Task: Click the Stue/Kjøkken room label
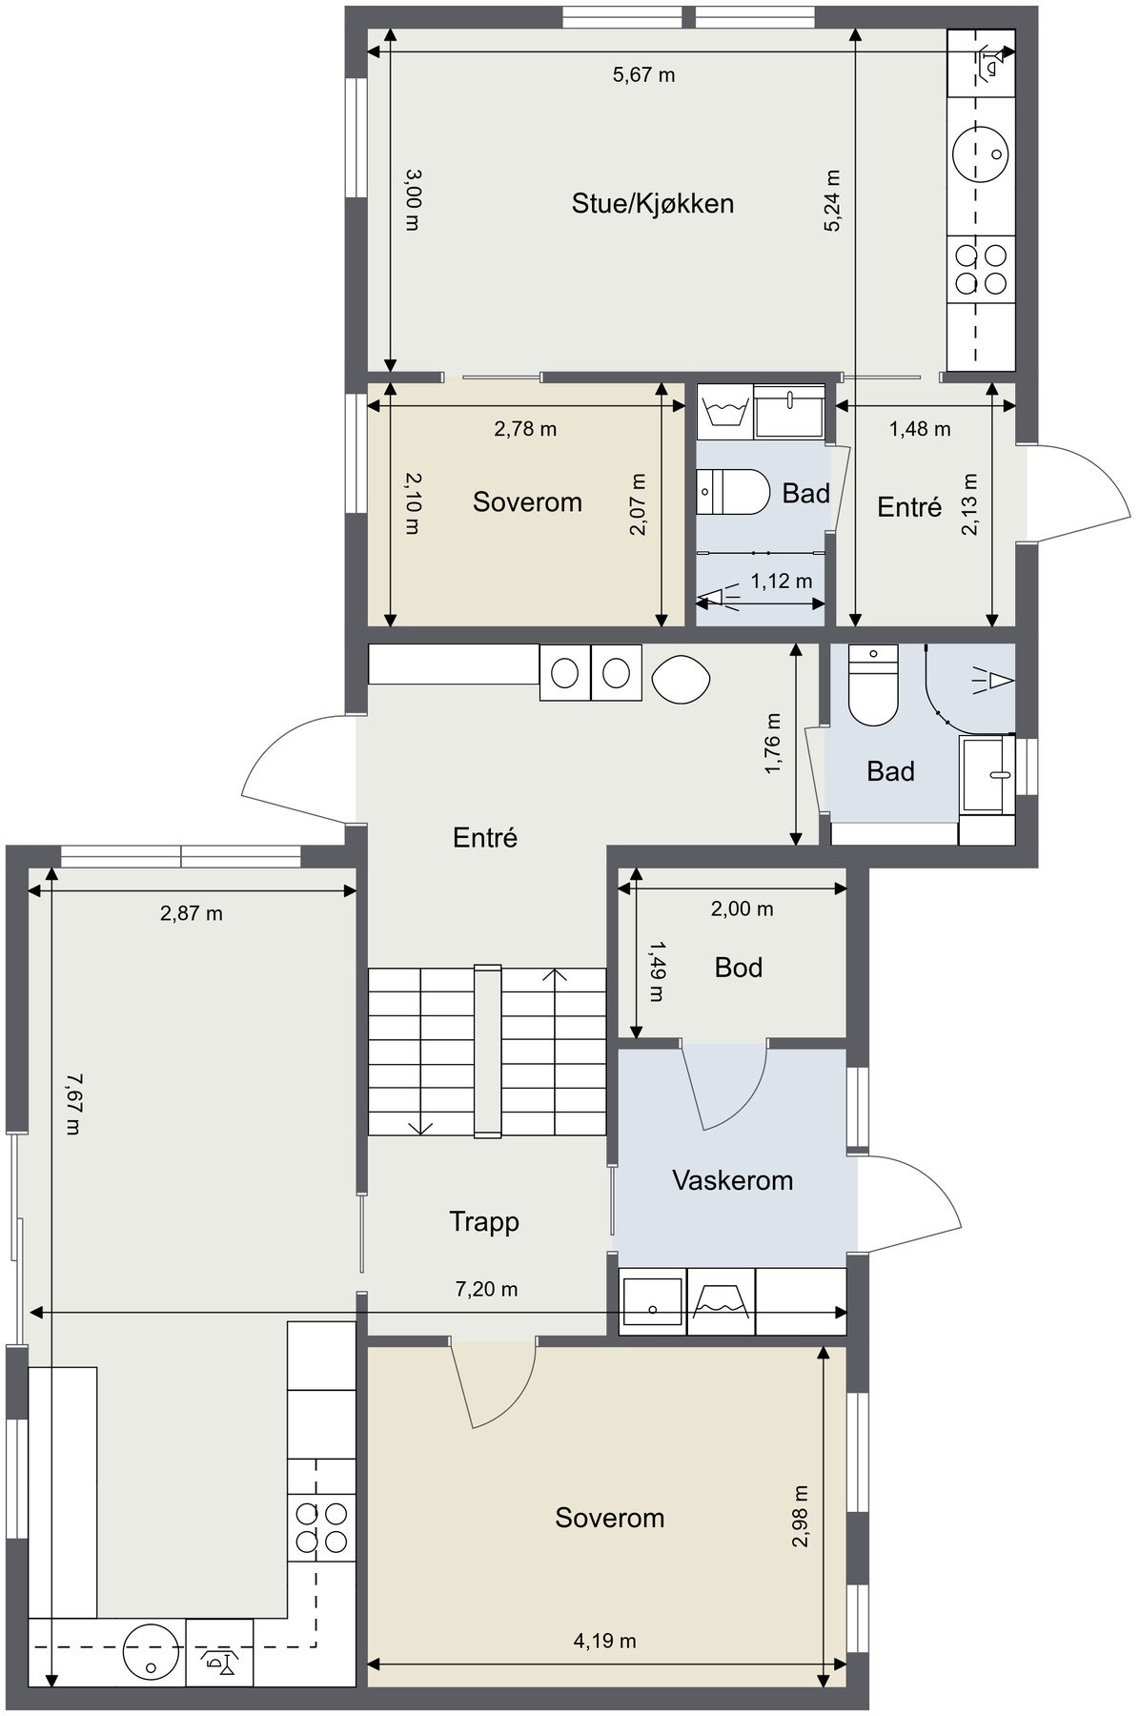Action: coord(652,203)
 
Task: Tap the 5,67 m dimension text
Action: coord(643,74)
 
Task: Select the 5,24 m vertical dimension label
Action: coord(832,201)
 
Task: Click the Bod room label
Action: coord(739,968)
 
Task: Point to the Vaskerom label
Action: coord(732,1180)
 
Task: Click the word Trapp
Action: coord(484,1222)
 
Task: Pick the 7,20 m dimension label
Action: coord(486,1289)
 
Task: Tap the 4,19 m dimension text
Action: coord(604,1641)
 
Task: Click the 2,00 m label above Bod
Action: coord(742,909)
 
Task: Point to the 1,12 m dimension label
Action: coord(782,581)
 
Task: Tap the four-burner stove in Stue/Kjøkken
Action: coord(981,269)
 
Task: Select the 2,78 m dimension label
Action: coord(525,429)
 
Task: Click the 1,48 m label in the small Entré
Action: coord(920,429)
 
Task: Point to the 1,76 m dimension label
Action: coord(773,745)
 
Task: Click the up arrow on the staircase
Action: coord(554,973)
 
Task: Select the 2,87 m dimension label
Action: coord(191,913)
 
